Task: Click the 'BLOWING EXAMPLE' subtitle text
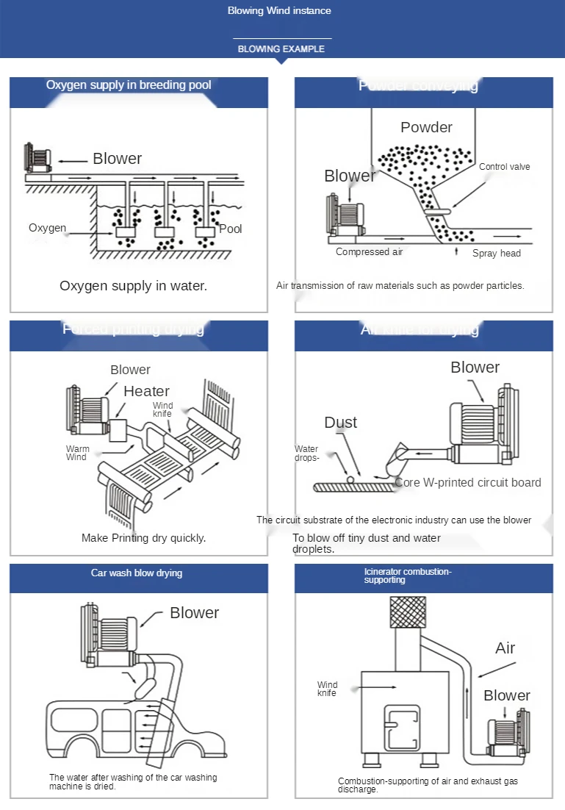(x=281, y=49)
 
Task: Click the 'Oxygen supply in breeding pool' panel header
(x=129, y=85)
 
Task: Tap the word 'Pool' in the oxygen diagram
(x=231, y=229)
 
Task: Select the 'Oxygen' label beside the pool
(x=48, y=228)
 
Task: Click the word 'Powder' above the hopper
(x=426, y=127)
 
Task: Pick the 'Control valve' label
(x=504, y=167)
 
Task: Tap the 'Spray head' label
(x=496, y=254)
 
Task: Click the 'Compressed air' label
(x=370, y=252)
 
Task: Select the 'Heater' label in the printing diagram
(x=146, y=391)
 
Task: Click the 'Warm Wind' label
(x=77, y=453)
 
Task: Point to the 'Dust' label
(x=341, y=423)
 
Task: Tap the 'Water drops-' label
(x=307, y=454)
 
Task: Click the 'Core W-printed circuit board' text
(x=468, y=483)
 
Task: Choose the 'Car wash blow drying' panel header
(x=137, y=573)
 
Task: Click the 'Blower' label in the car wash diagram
(x=194, y=613)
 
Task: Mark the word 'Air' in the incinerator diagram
(x=505, y=648)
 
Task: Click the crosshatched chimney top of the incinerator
(x=407, y=611)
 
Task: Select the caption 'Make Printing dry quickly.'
(x=143, y=538)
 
